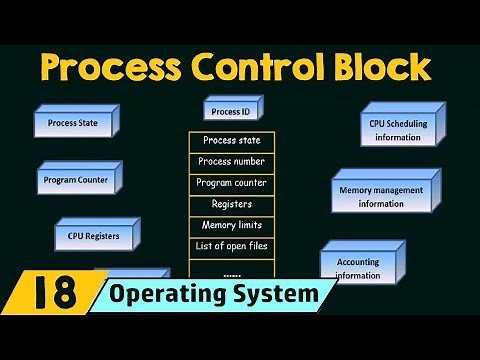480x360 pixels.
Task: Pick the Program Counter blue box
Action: coord(76,180)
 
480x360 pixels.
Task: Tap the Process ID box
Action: coord(232,111)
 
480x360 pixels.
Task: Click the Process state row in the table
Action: coord(231,141)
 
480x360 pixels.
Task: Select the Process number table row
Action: coord(231,162)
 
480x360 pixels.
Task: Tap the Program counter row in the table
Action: coord(231,183)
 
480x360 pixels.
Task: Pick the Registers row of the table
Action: coord(231,204)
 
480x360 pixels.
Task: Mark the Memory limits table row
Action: coord(231,225)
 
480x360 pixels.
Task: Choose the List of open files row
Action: coord(231,246)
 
